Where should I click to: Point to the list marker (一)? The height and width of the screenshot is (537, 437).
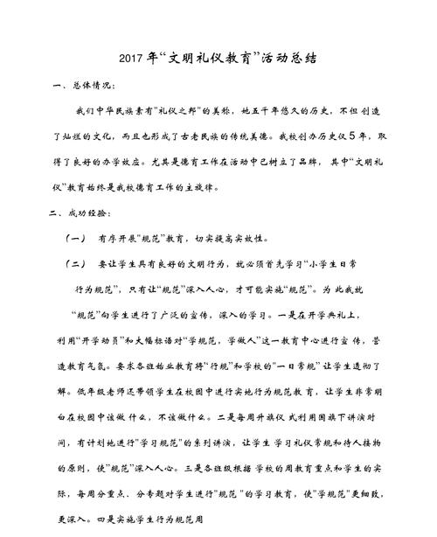(x=75, y=238)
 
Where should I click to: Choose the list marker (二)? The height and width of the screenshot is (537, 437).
(x=75, y=262)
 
